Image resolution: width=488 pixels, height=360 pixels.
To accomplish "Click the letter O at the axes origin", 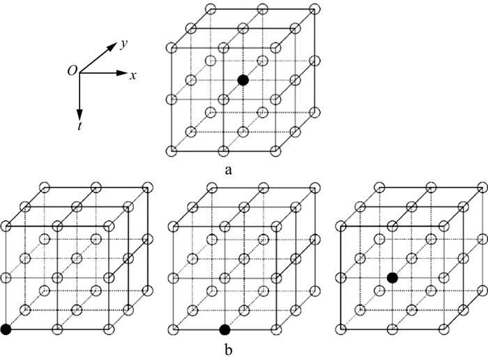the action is pos(72,70).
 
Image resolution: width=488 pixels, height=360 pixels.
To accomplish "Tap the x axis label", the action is pos(132,74).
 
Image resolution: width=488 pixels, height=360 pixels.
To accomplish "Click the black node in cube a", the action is pos(243,80).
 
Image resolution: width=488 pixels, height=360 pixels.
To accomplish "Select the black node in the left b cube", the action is pos(7,329).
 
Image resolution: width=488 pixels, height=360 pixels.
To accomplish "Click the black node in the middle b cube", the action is pos(224,329).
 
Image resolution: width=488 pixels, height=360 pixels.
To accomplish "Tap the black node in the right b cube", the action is pos(392,278).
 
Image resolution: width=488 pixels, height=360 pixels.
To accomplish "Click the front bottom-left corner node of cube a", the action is pos(171,151).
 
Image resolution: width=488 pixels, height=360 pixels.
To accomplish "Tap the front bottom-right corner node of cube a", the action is pos(277,151).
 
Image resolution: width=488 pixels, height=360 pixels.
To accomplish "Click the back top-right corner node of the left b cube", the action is pos(147,188).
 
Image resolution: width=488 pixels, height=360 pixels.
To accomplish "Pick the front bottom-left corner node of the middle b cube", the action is pos(172,329).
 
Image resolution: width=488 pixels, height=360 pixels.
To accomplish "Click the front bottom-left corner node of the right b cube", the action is pos(340,329).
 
